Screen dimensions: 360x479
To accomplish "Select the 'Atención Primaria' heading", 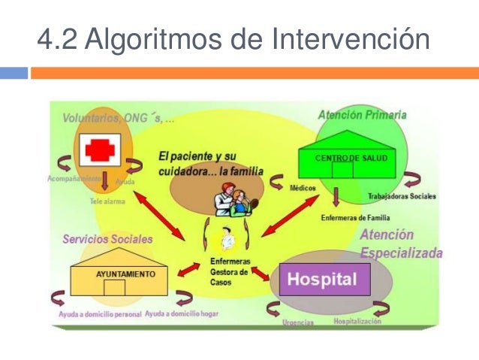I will (362, 115).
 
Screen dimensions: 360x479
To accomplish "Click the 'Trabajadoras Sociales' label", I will (402, 197).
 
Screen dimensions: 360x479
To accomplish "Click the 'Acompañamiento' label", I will (79, 180).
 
